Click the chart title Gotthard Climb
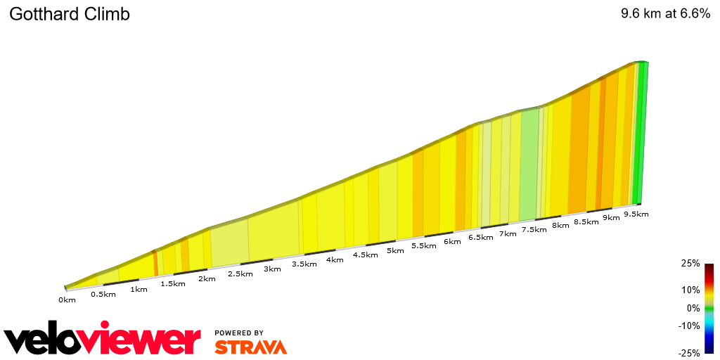[70, 14]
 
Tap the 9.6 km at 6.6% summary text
[665, 14]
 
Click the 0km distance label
[67, 300]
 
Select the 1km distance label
[139, 290]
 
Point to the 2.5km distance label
[240, 274]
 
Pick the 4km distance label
[334, 259]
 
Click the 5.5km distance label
[423, 246]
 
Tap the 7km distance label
[507, 233]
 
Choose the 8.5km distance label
[586, 221]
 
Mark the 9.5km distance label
[636, 214]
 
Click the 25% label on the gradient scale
[690, 264]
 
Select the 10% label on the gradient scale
[690, 290]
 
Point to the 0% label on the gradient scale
[693, 308]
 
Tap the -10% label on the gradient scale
[689, 326]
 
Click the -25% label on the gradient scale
[689, 352]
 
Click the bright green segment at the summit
[640, 134]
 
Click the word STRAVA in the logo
[250, 347]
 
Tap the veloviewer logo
[103, 340]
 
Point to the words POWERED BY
[239, 333]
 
